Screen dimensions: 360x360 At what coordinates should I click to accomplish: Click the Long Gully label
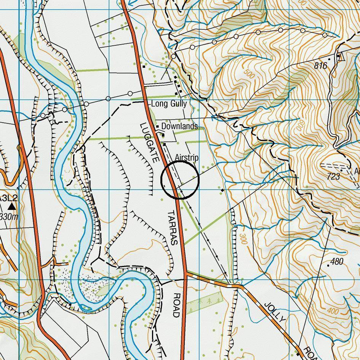(x=169, y=104)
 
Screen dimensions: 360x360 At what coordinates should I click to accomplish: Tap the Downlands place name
(x=179, y=126)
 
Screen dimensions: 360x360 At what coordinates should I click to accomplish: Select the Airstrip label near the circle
(x=187, y=157)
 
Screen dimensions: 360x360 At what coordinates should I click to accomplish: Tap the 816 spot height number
(x=320, y=66)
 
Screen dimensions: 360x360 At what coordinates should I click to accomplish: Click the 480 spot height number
(x=337, y=262)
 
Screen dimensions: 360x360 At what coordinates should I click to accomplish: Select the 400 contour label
(x=333, y=312)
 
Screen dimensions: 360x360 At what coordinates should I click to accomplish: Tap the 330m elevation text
(x=8, y=217)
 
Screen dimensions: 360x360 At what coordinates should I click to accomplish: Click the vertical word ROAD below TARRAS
(x=176, y=305)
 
